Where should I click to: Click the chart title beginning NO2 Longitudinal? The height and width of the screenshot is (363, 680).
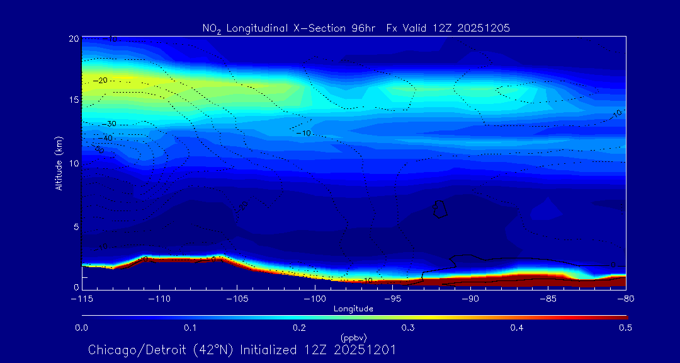(x=356, y=28)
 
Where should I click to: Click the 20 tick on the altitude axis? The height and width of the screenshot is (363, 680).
(x=74, y=38)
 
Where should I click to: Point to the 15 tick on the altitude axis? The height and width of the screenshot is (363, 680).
(x=74, y=100)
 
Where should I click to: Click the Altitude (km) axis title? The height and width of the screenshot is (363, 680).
(x=59, y=163)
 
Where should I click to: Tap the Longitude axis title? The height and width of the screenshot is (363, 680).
(x=353, y=309)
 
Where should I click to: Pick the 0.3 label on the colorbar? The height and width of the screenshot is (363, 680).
(x=408, y=328)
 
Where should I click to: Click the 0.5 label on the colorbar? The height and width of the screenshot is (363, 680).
(x=625, y=328)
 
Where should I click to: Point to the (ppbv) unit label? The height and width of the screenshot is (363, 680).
(x=353, y=337)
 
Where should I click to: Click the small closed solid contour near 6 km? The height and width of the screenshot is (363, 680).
(x=440, y=209)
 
